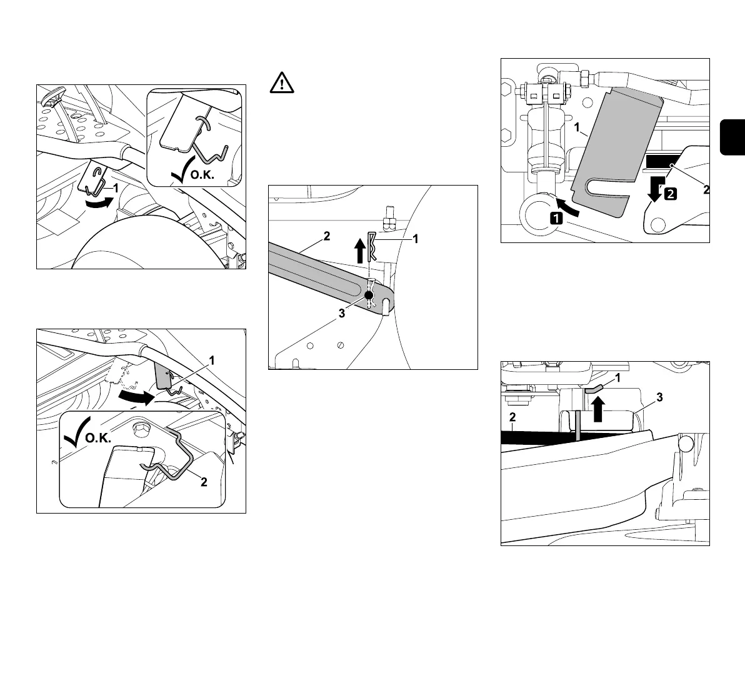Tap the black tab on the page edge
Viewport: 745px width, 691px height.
point(733,135)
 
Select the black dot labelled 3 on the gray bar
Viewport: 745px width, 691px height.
point(369,295)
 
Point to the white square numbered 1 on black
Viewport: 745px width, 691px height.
point(556,218)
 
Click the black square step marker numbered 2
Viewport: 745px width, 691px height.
point(669,194)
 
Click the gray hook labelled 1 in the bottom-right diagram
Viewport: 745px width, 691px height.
point(594,389)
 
